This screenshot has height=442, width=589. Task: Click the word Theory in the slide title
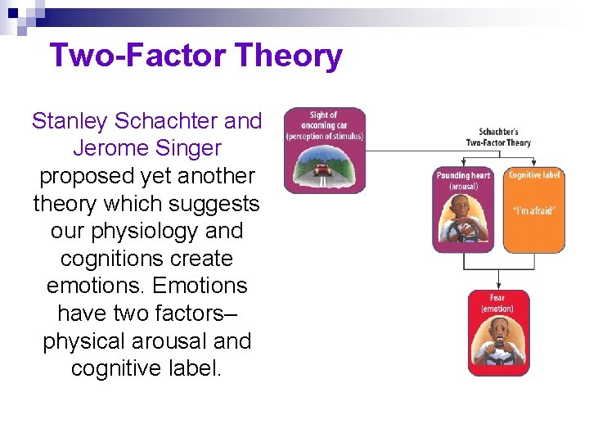[288, 56]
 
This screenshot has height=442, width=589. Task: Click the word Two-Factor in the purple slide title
[138, 56]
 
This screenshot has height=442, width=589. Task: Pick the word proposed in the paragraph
[88, 176]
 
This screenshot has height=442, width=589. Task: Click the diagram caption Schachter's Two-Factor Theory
[497, 137]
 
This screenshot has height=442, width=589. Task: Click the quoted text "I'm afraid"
[534, 210]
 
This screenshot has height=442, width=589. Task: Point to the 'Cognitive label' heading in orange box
[534, 175]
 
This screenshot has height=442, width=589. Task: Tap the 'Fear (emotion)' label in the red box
[497, 303]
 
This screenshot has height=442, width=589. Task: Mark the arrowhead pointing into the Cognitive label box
[533, 164]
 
